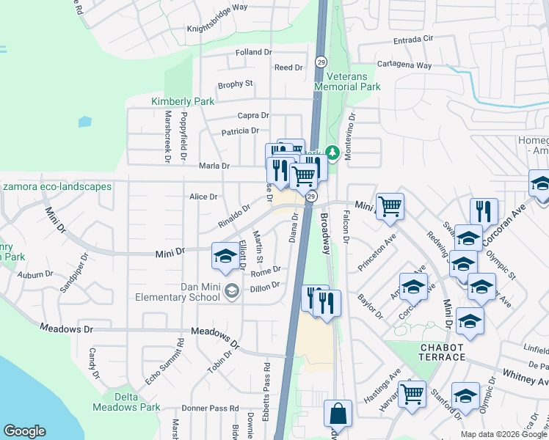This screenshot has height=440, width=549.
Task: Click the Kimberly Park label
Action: [183, 101]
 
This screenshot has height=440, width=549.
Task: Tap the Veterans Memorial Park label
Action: [347, 81]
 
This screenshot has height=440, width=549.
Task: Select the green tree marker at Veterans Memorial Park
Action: [332, 152]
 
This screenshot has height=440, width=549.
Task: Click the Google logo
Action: [24, 431]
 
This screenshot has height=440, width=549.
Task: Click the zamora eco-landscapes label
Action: [57, 187]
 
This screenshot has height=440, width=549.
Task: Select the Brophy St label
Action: [235, 84]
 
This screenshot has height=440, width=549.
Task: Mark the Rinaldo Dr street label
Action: [234, 217]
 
